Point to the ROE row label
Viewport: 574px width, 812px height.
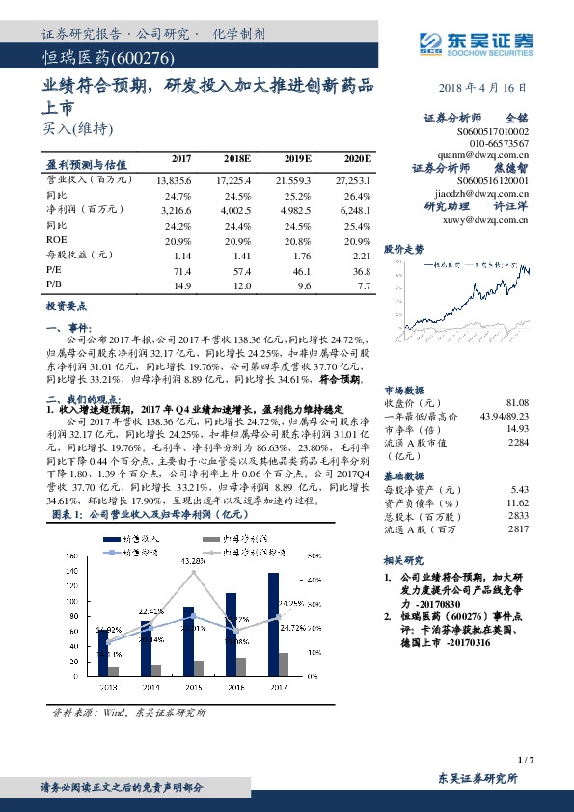point(57,238)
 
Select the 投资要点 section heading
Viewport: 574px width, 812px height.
point(66,305)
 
